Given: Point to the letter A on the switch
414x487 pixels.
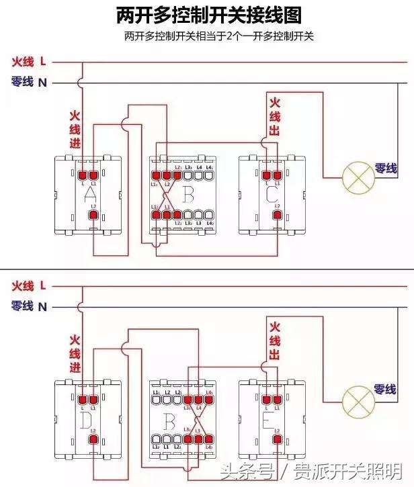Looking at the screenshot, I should click(x=89, y=195).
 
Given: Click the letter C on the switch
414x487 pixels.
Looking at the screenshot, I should click(x=272, y=195).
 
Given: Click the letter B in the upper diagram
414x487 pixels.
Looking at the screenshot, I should click(x=188, y=195).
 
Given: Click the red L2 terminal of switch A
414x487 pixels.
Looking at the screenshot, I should click(x=93, y=216).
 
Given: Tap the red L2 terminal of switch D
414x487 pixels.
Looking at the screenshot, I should click(x=93, y=440).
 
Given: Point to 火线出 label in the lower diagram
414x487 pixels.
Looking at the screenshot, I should click(x=274, y=340).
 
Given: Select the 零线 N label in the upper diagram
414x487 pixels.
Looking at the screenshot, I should click(x=29, y=83).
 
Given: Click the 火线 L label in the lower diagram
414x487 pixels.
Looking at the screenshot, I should click(x=29, y=285).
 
